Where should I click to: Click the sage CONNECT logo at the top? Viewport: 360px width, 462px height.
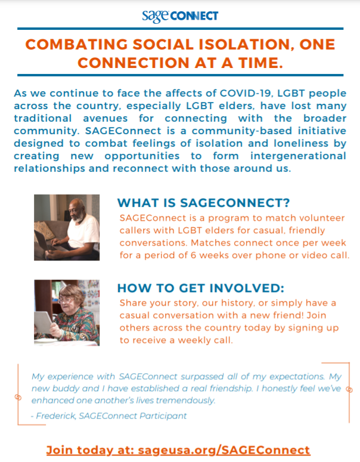[x=180, y=16]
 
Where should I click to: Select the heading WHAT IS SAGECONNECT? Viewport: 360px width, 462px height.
[x=204, y=203]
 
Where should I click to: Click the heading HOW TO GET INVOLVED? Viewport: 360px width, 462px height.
[x=201, y=288]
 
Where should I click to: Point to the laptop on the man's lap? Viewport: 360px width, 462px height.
[x=45, y=241]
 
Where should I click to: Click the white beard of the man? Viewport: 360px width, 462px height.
[x=79, y=218]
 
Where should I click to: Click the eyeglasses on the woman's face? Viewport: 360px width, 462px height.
[x=66, y=300]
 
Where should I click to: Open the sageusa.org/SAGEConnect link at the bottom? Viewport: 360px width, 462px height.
[x=224, y=450]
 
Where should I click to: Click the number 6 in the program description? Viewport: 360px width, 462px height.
[x=193, y=255]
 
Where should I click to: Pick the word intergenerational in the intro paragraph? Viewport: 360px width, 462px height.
[x=298, y=156]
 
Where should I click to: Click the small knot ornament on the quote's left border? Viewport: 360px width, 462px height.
[x=18, y=397]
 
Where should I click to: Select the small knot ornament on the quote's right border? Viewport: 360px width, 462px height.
[x=349, y=389]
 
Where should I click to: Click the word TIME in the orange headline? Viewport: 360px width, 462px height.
[x=258, y=63]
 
